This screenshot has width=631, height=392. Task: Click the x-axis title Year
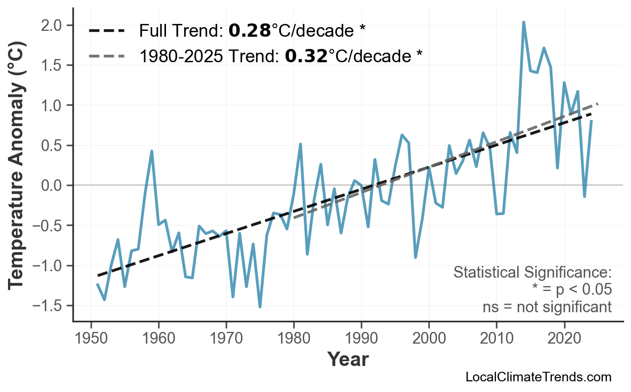click(x=347, y=360)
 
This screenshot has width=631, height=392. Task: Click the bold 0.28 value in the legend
click(x=250, y=31)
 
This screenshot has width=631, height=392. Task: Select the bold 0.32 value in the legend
click(x=306, y=55)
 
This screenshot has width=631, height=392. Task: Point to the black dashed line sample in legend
click(x=106, y=31)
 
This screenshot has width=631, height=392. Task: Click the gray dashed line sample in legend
click(x=106, y=55)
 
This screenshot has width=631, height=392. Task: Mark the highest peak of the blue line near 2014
click(x=524, y=22)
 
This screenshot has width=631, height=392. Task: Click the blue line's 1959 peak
click(x=152, y=151)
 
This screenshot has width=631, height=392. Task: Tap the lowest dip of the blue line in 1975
click(x=260, y=307)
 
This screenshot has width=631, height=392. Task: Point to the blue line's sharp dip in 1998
click(x=415, y=257)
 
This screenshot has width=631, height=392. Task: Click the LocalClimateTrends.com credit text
click(x=538, y=377)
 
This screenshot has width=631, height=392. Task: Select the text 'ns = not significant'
click(x=547, y=307)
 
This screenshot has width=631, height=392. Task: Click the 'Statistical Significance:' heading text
click(x=532, y=273)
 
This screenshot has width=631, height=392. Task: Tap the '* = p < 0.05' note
click(x=571, y=290)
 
